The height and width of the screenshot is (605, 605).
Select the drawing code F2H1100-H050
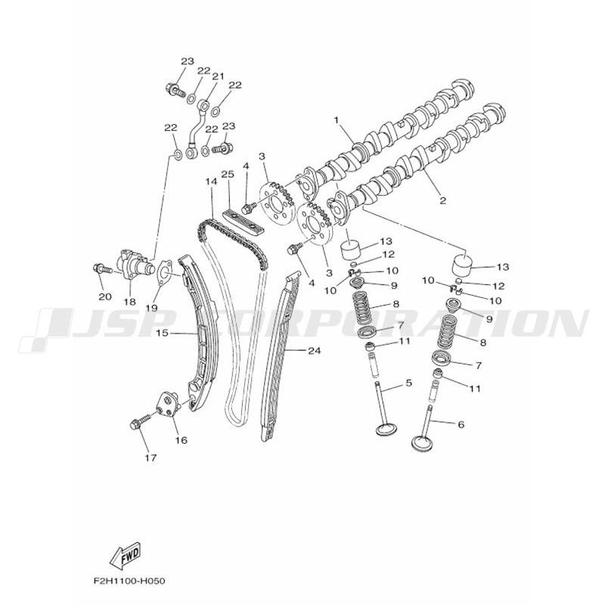[x=129, y=581]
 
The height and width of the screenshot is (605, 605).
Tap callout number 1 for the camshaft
[x=336, y=120]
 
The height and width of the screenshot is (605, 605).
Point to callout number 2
[x=442, y=200]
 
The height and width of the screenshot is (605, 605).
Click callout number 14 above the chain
[x=212, y=181]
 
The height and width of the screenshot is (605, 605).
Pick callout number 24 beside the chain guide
[x=314, y=351]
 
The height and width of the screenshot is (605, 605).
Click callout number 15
[x=163, y=332]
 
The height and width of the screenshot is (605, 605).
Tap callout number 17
[x=150, y=458]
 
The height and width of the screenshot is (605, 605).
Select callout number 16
[x=181, y=440]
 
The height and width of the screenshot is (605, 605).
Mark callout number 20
[x=105, y=296]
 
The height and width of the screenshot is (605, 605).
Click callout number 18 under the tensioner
[x=130, y=301]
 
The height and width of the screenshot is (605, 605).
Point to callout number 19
[x=152, y=308]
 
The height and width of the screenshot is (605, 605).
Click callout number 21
[x=218, y=76]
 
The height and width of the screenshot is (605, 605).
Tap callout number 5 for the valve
[x=408, y=383]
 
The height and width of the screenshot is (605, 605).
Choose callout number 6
[x=461, y=424]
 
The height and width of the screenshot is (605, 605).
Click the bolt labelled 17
[x=140, y=421]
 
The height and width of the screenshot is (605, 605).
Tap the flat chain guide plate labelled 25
[x=243, y=222]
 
